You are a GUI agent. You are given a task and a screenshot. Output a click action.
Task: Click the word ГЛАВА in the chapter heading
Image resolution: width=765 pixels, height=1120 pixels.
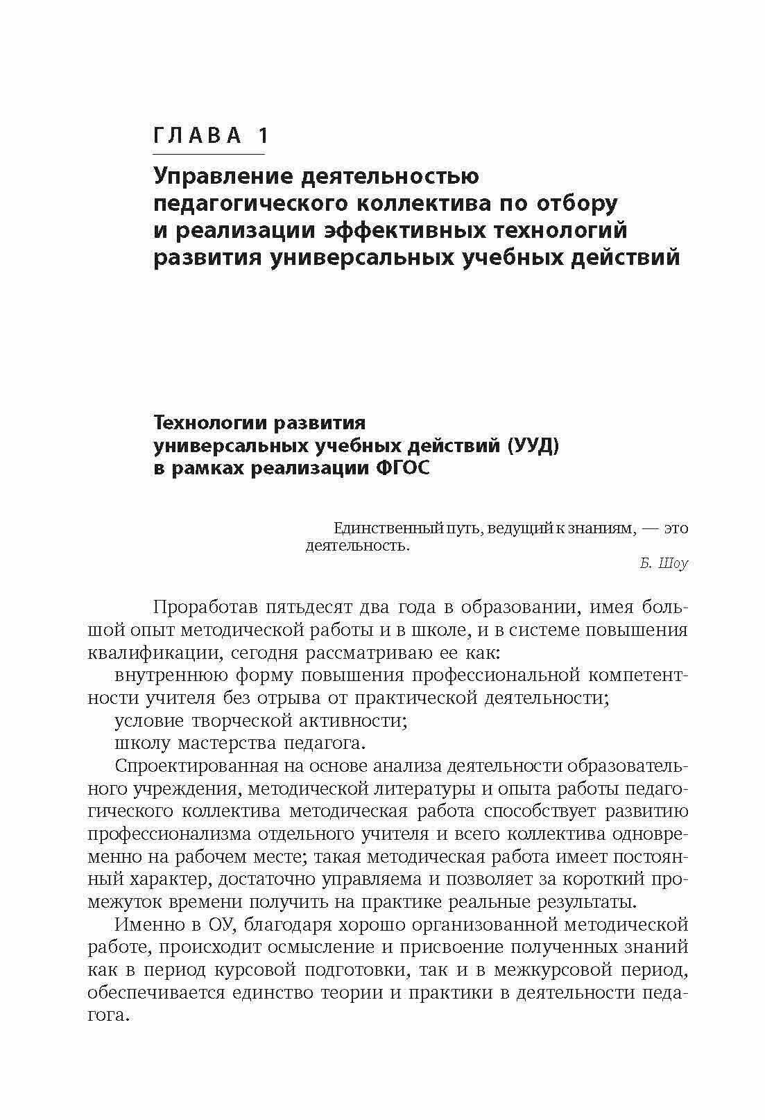pyautogui.click(x=196, y=136)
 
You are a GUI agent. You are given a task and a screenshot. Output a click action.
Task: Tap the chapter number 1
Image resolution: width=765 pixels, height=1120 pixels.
pyautogui.click(x=261, y=136)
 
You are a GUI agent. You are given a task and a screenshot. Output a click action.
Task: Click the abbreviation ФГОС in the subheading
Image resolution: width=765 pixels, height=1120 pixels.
pyautogui.click(x=402, y=467)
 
